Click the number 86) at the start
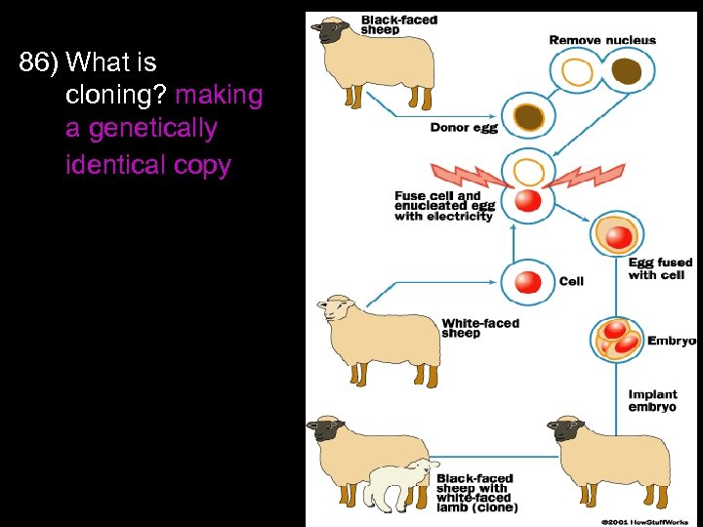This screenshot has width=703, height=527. click(x=39, y=64)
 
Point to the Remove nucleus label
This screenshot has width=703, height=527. click(x=602, y=40)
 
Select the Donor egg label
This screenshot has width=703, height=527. click(x=464, y=128)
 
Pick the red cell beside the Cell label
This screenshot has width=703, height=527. click(x=527, y=282)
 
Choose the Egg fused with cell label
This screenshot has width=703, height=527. click(x=660, y=268)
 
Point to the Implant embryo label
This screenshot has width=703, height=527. click(x=653, y=401)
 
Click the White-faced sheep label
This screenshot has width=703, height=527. click(x=480, y=328)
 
